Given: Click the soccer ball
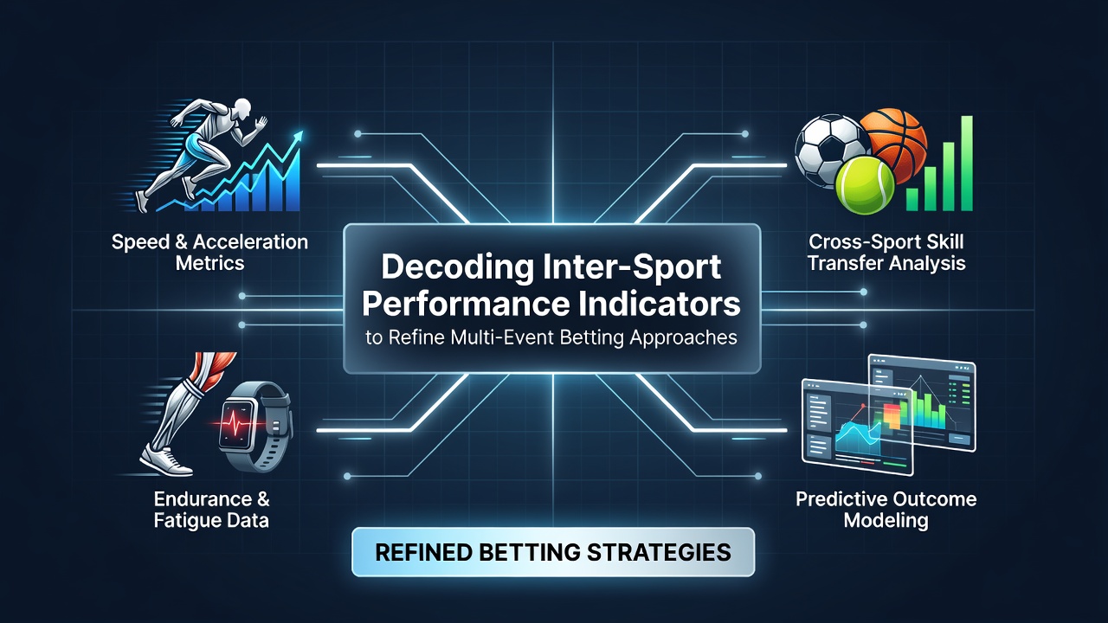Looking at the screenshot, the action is click(830, 151).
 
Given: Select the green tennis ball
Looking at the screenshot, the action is click(865, 185).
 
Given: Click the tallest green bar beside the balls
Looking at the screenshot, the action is click(966, 164).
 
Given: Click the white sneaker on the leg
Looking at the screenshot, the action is click(165, 460).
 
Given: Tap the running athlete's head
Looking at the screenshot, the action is click(242, 108).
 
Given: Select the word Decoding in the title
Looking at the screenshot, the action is click(456, 267).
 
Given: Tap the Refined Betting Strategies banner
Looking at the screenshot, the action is click(553, 552).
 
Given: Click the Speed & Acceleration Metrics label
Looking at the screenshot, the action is click(209, 252).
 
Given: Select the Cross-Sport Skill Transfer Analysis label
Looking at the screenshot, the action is click(886, 252).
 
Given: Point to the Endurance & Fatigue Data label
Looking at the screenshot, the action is click(212, 510).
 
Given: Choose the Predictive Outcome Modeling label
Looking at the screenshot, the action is click(886, 510).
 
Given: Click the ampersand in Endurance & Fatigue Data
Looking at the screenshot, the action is click(263, 499).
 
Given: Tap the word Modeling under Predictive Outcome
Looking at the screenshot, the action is click(886, 521).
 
